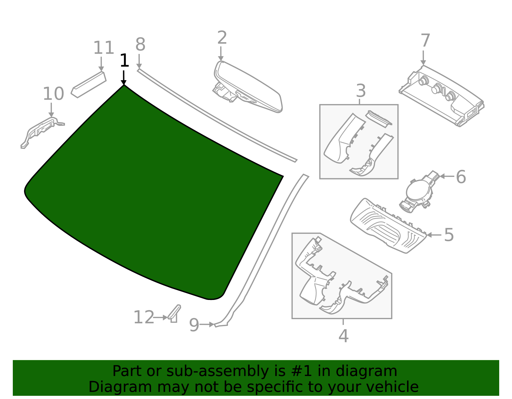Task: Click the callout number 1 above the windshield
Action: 124,61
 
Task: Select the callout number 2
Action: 222,38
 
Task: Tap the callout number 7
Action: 425,41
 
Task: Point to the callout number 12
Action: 144,318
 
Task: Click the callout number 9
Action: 194,325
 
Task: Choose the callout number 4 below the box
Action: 343,336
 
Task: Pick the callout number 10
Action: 53,94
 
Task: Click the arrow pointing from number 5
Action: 433,235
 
